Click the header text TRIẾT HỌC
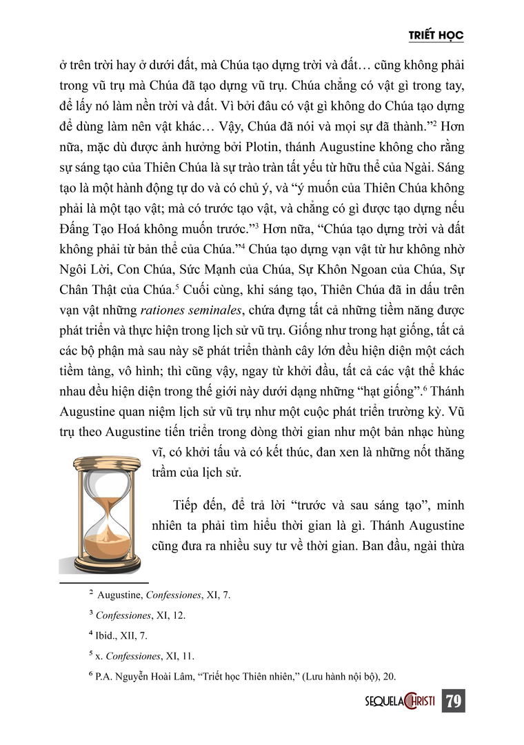(x=436, y=35)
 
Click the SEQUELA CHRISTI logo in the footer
(x=399, y=701)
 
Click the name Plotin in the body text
(x=279, y=147)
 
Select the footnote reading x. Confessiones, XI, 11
(x=141, y=656)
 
